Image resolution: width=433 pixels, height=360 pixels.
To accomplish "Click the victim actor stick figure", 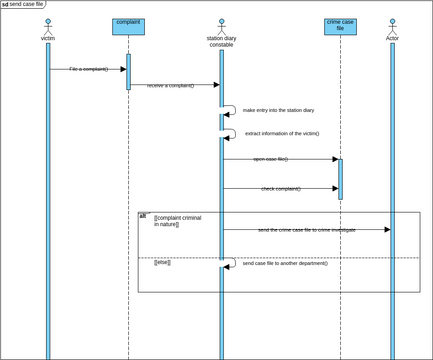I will click(x=47, y=25).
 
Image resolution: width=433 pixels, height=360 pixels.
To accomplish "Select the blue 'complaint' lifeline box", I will click(x=128, y=27).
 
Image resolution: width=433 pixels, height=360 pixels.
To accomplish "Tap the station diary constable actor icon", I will click(x=221, y=25).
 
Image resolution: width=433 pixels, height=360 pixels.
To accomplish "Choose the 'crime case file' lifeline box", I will click(x=340, y=26).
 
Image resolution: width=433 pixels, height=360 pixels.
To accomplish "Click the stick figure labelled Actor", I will click(x=392, y=25).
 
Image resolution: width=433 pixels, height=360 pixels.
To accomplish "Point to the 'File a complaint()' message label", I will click(x=89, y=69).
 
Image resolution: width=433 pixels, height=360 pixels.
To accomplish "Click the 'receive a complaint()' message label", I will click(x=170, y=86).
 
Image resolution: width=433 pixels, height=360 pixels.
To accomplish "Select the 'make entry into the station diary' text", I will click(x=278, y=110).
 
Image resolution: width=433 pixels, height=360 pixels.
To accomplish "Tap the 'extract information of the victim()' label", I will click(x=282, y=133).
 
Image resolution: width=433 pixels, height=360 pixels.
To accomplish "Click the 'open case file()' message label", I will click(x=270, y=159).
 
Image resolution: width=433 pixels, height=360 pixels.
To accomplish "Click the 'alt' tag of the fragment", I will click(x=143, y=215).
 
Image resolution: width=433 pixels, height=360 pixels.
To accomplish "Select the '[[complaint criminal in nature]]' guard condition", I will click(x=177, y=221).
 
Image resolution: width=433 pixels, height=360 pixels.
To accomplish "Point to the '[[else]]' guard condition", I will click(x=162, y=262).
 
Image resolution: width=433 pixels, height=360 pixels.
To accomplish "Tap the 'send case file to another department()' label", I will click(x=285, y=263).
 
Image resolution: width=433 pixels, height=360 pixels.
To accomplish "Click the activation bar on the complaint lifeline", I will click(x=128, y=72).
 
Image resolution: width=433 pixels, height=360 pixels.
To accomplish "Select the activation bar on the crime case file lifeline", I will click(x=340, y=178).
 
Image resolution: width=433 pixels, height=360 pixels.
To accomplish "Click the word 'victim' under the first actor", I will click(x=47, y=38).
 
